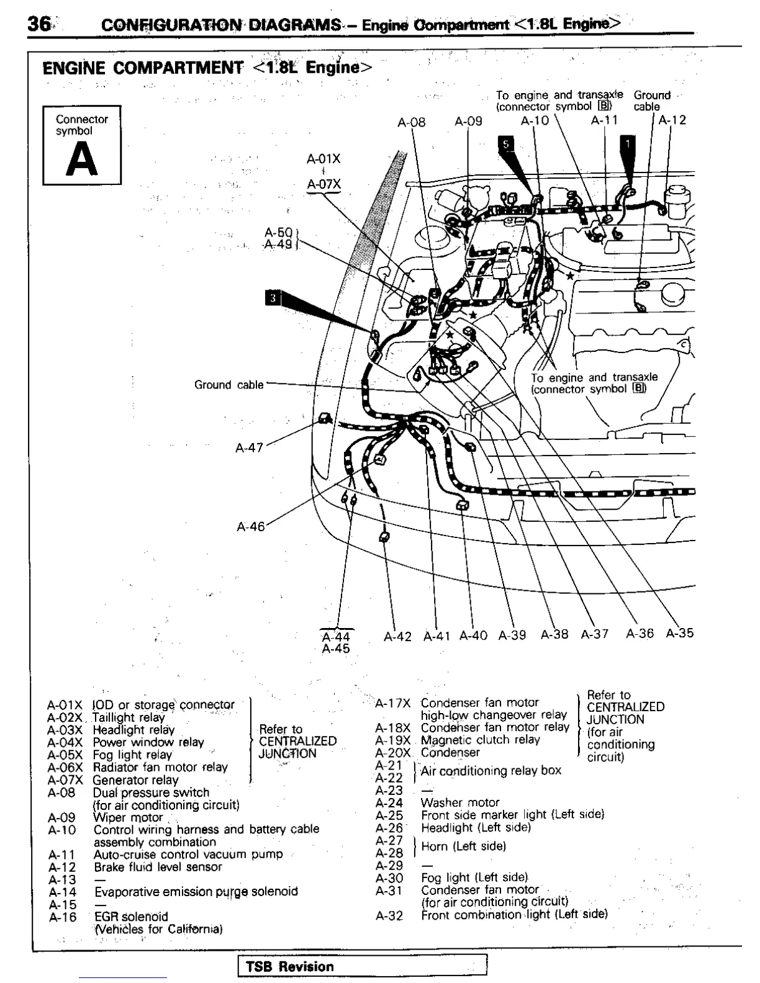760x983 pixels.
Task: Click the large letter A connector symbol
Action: [81, 161]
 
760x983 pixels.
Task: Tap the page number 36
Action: [38, 24]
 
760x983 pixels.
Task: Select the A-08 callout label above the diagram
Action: [411, 122]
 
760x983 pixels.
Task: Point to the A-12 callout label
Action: [672, 120]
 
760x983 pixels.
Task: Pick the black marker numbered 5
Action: [505, 145]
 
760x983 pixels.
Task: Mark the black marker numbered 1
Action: [627, 143]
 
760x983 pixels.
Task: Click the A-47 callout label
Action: [250, 447]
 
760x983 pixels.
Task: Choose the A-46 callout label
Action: [251, 527]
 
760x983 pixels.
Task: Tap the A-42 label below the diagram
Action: [397, 637]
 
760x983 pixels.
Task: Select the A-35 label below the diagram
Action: [679, 634]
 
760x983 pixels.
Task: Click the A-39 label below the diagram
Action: [512, 635]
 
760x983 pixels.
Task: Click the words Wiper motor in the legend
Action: [128, 817]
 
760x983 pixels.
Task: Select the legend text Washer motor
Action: [459, 802]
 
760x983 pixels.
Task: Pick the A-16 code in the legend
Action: [62, 917]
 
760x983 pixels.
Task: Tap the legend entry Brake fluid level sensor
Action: [158, 867]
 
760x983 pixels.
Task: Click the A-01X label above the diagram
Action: [323, 159]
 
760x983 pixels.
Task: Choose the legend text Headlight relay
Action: [133, 730]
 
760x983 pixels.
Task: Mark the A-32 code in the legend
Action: [389, 915]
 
